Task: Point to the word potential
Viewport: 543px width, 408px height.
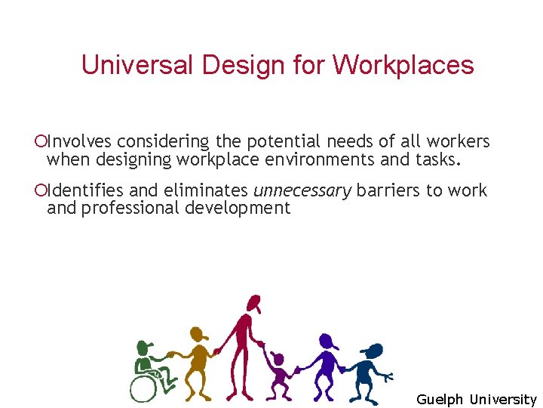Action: [286, 141]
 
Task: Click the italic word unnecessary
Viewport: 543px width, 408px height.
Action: [302, 190]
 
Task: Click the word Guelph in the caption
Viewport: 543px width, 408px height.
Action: [440, 400]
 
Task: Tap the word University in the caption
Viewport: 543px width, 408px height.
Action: [503, 400]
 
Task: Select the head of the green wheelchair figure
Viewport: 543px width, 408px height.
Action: [145, 348]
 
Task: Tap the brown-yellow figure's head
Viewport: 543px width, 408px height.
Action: [198, 333]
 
